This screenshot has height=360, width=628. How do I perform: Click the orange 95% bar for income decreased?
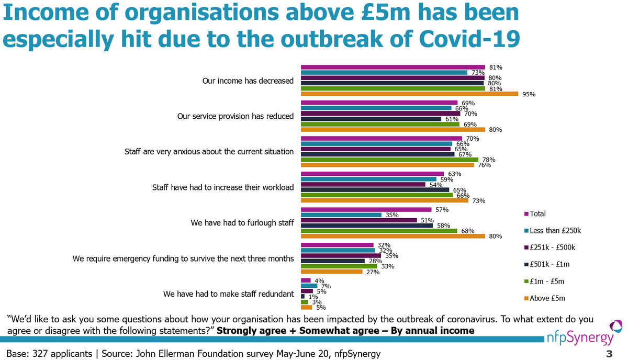[x=409, y=94]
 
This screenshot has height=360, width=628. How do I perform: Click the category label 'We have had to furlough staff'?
[x=242, y=222]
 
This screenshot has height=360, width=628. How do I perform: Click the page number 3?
[x=609, y=354]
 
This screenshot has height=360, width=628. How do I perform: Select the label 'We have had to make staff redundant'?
[x=228, y=294]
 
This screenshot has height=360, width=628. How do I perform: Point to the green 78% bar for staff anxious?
[x=389, y=160]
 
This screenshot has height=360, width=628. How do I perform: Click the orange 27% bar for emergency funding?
[x=331, y=272]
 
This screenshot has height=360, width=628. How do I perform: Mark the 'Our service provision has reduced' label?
[x=235, y=116]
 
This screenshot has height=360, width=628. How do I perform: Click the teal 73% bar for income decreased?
[x=384, y=73]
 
